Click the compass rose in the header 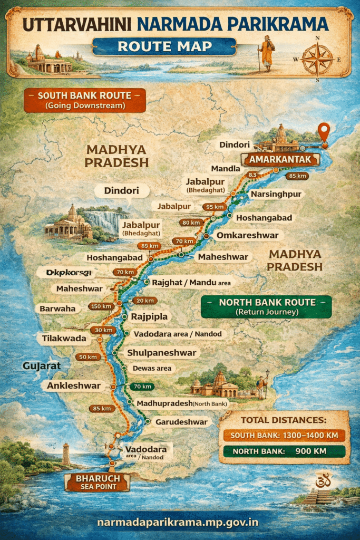317,57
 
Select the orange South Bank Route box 84,100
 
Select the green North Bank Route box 266,307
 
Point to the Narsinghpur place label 276,194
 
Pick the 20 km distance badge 143,301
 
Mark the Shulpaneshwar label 161,353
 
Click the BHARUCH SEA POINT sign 97,482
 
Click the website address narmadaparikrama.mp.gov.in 179,522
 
